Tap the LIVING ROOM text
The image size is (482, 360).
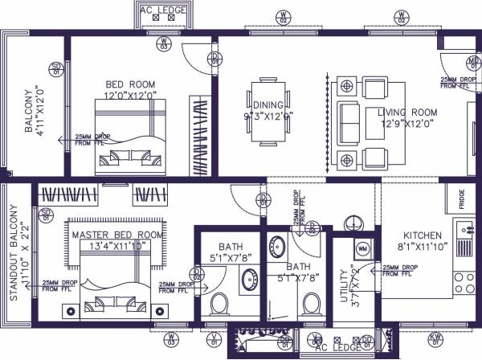(x=408, y=112)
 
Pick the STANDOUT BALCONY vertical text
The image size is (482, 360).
(x=13, y=252)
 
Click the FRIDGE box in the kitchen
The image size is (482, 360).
(x=463, y=200)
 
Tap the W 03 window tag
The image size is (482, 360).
(x=163, y=44)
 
